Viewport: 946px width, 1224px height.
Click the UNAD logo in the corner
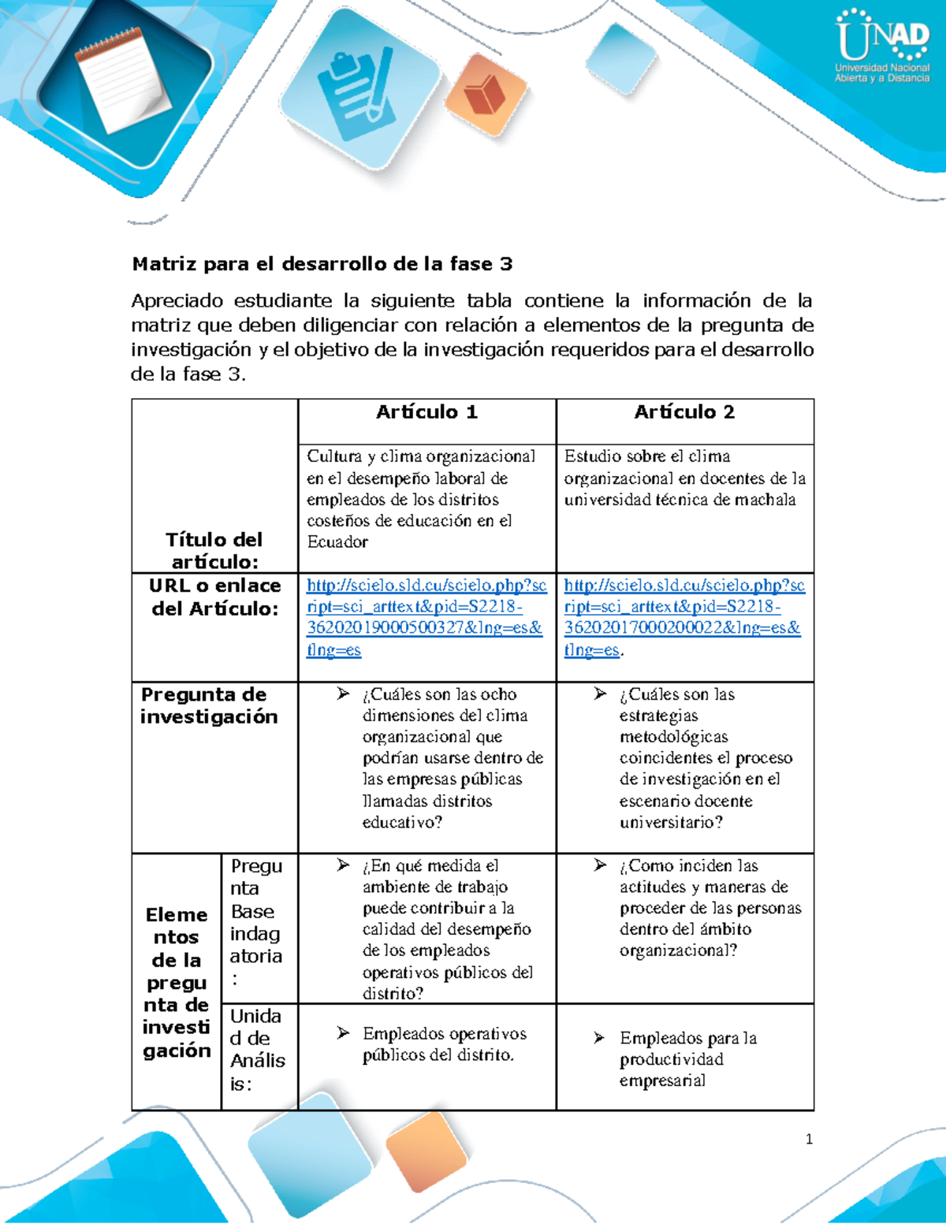click(x=882, y=46)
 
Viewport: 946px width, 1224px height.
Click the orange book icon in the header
click(x=484, y=95)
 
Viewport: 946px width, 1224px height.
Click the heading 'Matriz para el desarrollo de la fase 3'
click(x=322, y=264)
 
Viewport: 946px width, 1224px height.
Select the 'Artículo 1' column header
click(x=426, y=412)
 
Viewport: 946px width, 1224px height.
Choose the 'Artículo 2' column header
click(x=684, y=412)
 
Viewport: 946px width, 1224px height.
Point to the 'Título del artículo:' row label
click(x=214, y=550)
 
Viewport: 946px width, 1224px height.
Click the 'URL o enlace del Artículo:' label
click(x=214, y=597)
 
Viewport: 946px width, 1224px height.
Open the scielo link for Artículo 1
click(x=426, y=618)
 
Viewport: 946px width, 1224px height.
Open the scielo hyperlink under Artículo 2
click(x=683, y=618)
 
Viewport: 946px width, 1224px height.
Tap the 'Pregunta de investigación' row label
click(x=209, y=705)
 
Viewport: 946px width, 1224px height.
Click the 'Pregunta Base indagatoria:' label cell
click(x=256, y=921)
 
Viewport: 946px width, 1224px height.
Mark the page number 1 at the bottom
click(x=809, y=1139)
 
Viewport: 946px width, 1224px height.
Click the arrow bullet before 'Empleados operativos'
click(x=343, y=1032)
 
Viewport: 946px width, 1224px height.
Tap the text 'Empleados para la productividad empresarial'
click(x=687, y=1059)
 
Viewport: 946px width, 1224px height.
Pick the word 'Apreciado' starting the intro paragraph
click(x=177, y=301)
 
